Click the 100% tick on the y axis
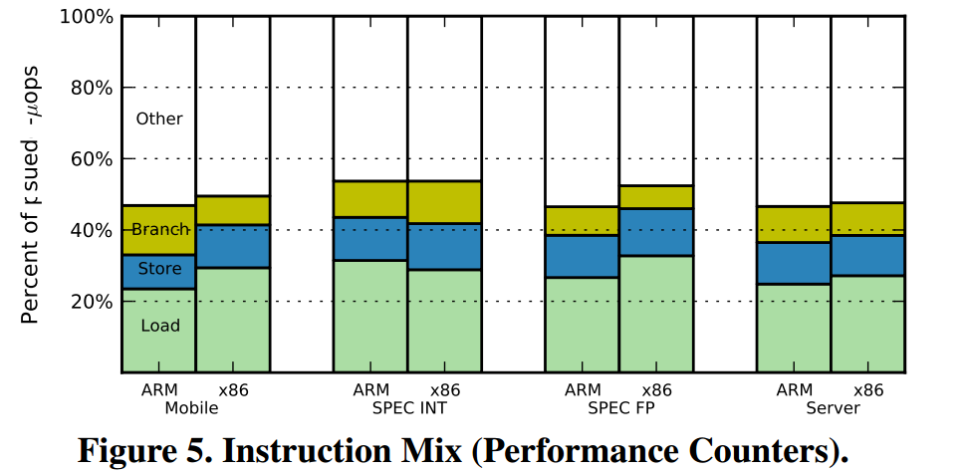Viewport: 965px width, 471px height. tap(87, 17)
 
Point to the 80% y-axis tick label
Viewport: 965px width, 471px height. tap(92, 88)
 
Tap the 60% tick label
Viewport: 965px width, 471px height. tap(92, 159)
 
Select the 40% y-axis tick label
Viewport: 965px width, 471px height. tap(92, 230)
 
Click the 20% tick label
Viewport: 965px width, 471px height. tap(92, 302)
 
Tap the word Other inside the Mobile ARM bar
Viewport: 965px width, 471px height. tap(159, 118)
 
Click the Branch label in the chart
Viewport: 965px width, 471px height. tap(159, 230)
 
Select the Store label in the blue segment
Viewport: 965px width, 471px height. tap(159, 269)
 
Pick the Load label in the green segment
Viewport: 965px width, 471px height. tap(159, 326)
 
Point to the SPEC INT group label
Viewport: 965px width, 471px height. tap(408, 408)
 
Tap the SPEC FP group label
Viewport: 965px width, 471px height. tap(619, 408)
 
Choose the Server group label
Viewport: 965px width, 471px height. tap(833, 408)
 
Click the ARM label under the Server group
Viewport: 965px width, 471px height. tap(795, 390)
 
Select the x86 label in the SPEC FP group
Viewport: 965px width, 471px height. tap(657, 390)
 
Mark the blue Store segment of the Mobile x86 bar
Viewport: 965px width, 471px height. tap(232, 246)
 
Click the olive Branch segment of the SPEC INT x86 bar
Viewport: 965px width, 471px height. tap(444, 202)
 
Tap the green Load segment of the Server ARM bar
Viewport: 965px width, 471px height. tap(794, 328)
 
